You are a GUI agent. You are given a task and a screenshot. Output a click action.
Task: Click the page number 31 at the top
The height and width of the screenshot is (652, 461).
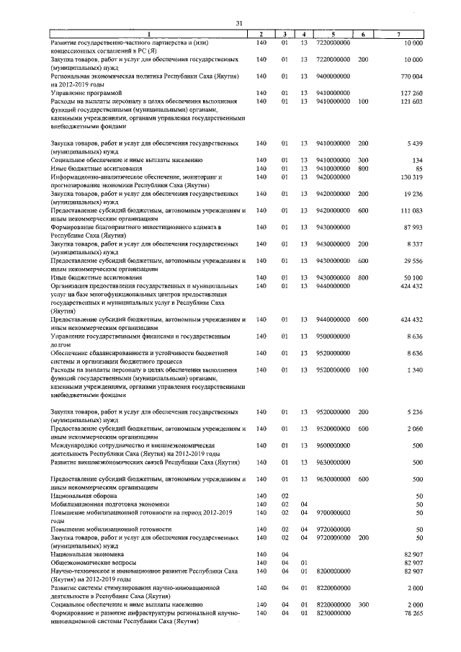tap(239, 24)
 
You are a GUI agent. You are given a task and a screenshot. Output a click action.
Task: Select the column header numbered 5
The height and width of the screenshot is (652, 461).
tap(334, 35)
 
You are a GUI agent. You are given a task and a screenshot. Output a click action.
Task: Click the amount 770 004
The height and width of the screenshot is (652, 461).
tap(411, 76)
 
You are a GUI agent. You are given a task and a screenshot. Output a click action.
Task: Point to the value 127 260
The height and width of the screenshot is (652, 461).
tap(411, 94)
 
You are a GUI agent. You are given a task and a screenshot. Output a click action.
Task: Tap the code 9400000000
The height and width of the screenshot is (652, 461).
tap(334, 76)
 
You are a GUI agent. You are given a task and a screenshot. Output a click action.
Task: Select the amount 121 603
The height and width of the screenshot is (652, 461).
tap(411, 102)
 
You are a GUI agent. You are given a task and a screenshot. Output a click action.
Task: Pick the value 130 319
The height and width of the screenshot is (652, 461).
tap(411, 177)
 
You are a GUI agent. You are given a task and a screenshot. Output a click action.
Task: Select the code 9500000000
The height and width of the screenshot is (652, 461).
tap(334, 336)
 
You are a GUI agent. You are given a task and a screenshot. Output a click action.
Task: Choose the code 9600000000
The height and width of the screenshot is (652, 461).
tap(334, 445)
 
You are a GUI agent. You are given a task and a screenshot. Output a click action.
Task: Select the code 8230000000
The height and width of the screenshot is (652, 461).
tap(334, 612)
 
